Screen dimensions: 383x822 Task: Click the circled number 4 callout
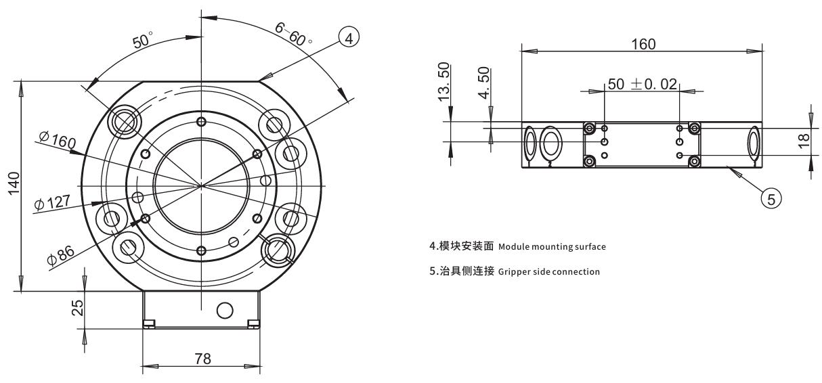pyautogui.click(x=348, y=39)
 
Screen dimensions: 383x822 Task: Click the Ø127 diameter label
pyautogui.click(x=51, y=202)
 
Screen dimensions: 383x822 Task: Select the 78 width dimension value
pyautogui.click(x=202, y=359)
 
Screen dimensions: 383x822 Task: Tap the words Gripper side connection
pyautogui.click(x=549, y=271)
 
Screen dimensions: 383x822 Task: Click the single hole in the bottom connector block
pyautogui.click(x=224, y=311)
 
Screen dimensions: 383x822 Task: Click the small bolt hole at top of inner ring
pyautogui.click(x=200, y=121)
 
